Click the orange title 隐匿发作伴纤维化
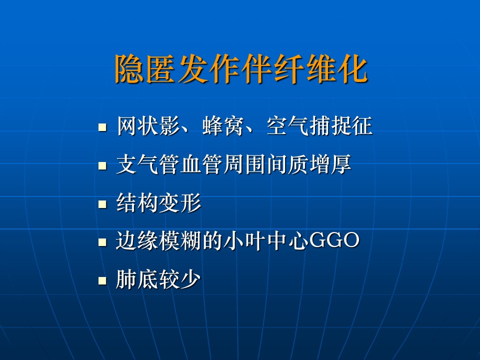pyautogui.click(x=241, y=69)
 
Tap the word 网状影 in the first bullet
pyautogui.click(x=148, y=126)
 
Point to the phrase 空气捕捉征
pyautogui.click(x=319, y=126)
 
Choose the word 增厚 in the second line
pyautogui.click(x=330, y=164)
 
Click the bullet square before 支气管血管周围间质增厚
pyautogui.click(x=102, y=166)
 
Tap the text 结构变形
pyautogui.click(x=158, y=202)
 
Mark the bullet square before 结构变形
pyautogui.click(x=102, y=204)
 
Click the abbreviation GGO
pyautogui.click(x=334, y=240)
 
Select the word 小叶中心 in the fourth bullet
pyautogui.click(x=266, y=240)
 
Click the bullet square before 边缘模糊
pyautogui.click(x=102, y=242)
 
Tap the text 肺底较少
pyautogui.click(x=158, y=279)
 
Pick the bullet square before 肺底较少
pyautogui.click(x=102, y=280)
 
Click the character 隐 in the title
pyautogui.click(x=129, y=69)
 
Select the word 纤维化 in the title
pyautogui.click(x=320, y=69)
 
